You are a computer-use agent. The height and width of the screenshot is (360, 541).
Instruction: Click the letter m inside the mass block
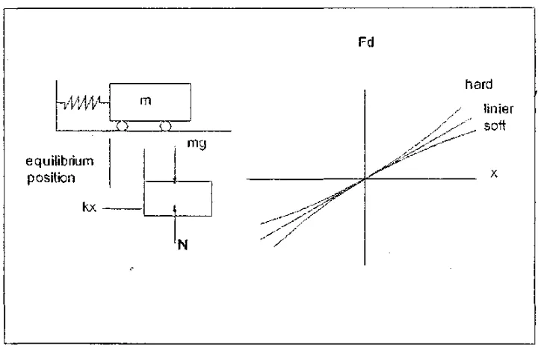(x=145, y=101)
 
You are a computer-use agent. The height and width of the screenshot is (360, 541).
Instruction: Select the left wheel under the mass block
(x=122, y=126)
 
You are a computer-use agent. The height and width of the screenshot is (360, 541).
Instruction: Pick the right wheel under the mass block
(x=166, y=126)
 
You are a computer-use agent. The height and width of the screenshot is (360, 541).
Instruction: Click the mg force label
(x=197, y=143)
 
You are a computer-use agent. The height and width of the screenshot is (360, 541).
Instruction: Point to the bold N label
(x=183, y=245)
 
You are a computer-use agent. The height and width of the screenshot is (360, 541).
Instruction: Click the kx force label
(x=89, y=207)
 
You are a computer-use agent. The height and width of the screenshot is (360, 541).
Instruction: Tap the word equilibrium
(x=60, y=161)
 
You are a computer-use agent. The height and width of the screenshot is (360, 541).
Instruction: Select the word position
(x=51, y=178)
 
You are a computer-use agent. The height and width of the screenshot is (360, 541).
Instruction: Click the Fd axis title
(x=366, y=42)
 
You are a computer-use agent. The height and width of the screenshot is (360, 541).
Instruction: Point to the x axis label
(x=494, y=173)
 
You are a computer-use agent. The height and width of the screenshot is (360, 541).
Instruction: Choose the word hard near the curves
(x=478, y=84)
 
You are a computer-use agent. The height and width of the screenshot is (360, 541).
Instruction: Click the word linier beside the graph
(x=498, y=108)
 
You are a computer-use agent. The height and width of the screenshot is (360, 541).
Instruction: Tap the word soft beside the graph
(x=495, y=125)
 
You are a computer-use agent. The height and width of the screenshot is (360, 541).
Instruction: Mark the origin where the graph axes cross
(x=365, y=179)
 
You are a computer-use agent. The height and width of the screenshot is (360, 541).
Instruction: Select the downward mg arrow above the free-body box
(x=175, y=164)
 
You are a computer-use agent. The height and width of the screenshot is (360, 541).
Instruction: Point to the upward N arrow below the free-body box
(x=176, y=223)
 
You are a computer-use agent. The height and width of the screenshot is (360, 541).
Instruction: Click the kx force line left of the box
(x=123, y=208)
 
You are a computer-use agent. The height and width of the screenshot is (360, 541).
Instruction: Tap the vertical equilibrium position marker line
(x=110, y=163)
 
